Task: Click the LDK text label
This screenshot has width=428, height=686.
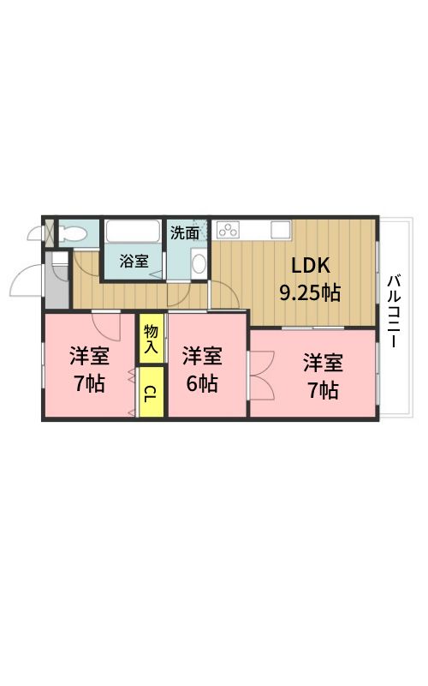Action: point(310,266)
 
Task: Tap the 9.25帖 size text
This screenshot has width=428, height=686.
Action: point(310,292)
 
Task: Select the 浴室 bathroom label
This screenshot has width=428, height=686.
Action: point(134,262)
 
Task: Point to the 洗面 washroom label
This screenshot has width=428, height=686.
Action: point(185,232)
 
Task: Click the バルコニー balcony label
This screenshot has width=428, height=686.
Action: point(394,310)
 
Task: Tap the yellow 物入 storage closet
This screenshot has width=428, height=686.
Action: point(152,338)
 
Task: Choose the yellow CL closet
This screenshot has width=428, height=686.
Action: point(152,392)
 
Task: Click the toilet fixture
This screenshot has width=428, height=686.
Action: point(71,232)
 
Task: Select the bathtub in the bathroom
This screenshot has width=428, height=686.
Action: point(133,231)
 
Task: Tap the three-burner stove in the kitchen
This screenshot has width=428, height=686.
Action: point(228,230)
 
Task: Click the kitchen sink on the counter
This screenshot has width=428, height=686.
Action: point(281,230)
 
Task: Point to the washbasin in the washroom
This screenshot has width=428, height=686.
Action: point(199,263)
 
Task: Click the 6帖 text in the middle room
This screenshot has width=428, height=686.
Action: point(202,383)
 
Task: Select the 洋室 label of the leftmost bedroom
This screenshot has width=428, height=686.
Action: point(89,356)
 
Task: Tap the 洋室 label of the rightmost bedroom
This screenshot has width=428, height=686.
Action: point(324,363)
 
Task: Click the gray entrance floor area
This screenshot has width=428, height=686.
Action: point(56,280)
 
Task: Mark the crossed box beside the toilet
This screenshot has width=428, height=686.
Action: point(50,232)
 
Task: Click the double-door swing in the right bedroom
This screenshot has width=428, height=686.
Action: point(262,375)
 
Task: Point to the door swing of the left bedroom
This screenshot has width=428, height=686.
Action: point(106,327)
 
